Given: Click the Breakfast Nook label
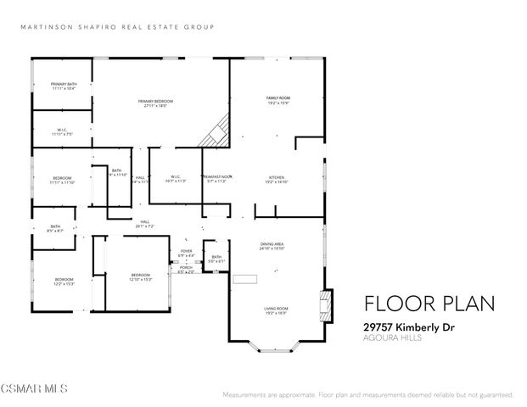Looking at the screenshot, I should [217, 178].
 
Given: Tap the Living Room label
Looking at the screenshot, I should [276, 309].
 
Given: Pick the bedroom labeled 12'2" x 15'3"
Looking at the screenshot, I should [64, 282].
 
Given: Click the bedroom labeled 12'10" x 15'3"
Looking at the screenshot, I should [140, 277].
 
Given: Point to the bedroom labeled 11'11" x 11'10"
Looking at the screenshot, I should [62, 180].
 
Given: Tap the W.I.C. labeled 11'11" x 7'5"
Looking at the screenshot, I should [62, 131].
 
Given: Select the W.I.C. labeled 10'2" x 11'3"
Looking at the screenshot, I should [175, 178].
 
